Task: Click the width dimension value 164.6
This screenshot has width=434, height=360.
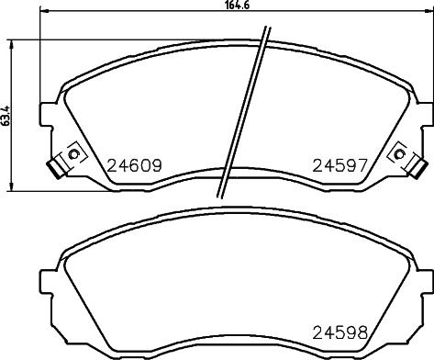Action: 237,6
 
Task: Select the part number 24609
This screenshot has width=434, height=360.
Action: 136,167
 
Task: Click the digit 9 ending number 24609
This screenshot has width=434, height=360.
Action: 157,167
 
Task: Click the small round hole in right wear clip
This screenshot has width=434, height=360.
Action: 400,152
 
